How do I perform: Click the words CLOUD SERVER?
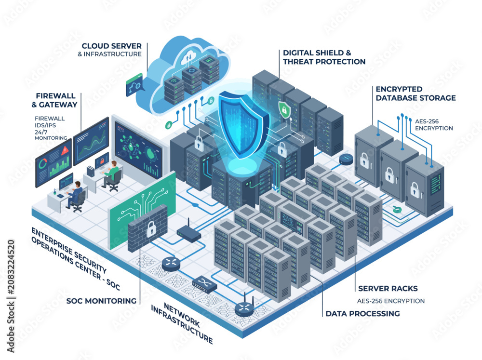pos(112,46)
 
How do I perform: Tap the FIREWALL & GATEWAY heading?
pos(54,100)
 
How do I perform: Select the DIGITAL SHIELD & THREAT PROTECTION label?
pos(324,57)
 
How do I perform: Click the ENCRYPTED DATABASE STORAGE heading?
pos(415,93)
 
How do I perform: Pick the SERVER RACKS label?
pos(388,288)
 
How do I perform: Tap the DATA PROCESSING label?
pos(363,314)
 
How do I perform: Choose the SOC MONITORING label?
pos(101,301)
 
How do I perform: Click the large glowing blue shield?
pos(243,124)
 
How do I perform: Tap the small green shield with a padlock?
pos(284,109)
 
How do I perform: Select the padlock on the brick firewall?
pos(150,229)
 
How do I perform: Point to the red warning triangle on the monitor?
pos(65,150)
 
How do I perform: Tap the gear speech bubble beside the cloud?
pos(134,84)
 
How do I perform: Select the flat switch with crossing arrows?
pos(204,284)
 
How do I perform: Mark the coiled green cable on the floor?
pos(397,210)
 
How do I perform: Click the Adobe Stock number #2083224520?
pos(11,267)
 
